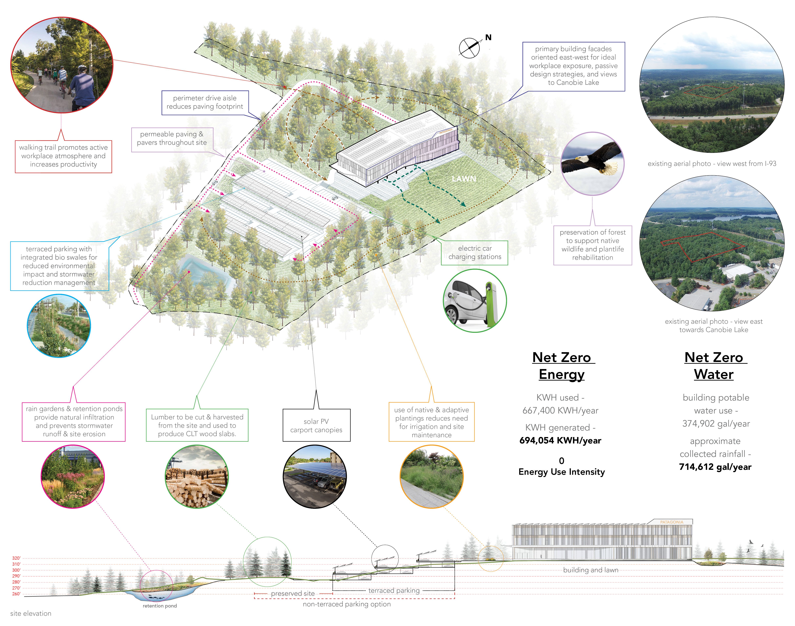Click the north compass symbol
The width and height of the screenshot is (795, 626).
[469, 48]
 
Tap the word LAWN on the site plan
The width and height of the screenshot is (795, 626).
[464, 179]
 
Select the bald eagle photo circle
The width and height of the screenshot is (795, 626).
[592, 163]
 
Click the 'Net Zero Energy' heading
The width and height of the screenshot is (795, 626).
[562, 365]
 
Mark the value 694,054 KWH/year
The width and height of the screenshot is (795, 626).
[560, 440]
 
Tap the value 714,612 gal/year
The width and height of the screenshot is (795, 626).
[715, 467]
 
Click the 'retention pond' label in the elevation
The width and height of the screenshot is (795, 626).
[160, 606]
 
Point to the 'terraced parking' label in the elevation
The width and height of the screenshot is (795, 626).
[394, 590]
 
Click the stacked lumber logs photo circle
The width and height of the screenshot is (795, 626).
[197, 476]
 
